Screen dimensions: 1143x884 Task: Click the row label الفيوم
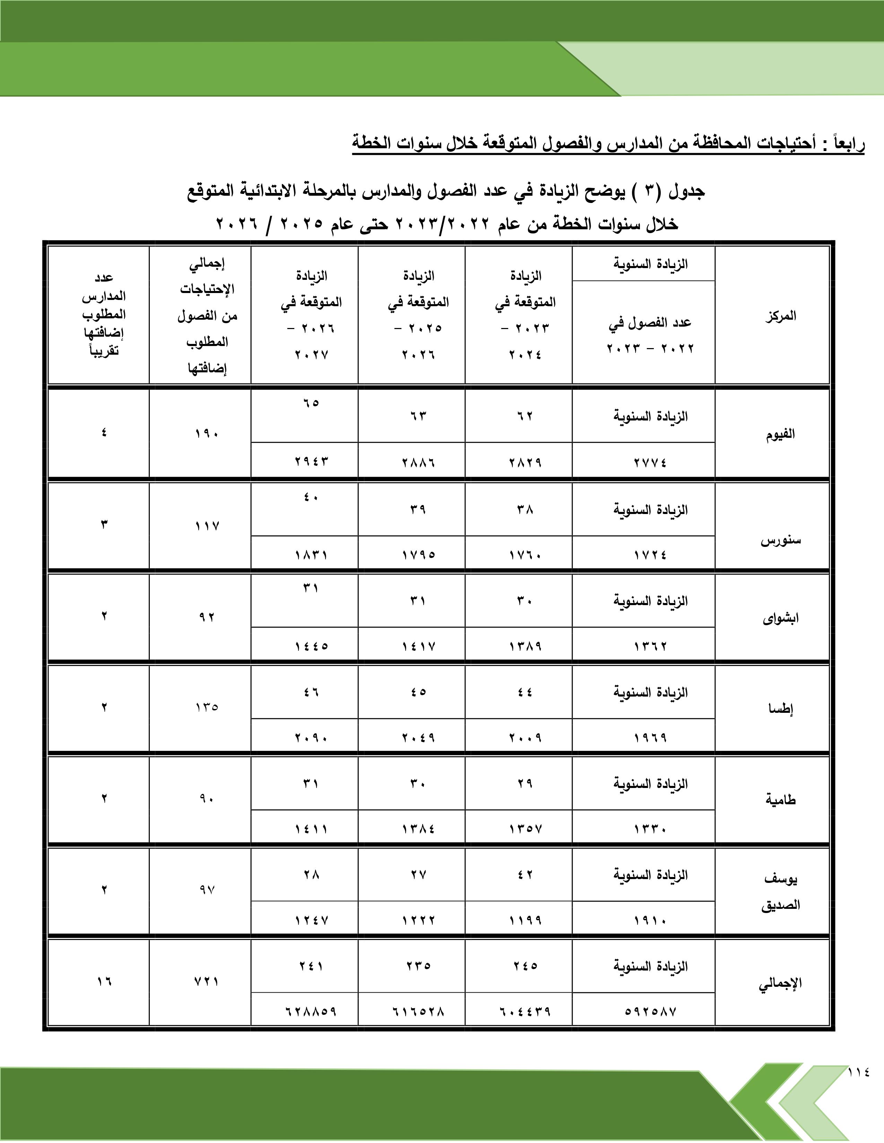pos(780,434)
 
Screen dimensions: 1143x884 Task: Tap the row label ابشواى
pos(780,619)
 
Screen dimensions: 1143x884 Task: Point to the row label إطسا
pos(780,709)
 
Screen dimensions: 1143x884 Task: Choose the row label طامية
pos(780,800)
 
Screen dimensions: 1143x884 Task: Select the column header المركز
pos(780,316)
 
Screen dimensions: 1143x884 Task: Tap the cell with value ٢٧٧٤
pos(650,462)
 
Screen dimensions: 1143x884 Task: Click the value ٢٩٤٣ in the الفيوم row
pos(311,462)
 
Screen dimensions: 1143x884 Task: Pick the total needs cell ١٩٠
pos(207,434)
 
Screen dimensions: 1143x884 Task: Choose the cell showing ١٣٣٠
pos(650,829)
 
